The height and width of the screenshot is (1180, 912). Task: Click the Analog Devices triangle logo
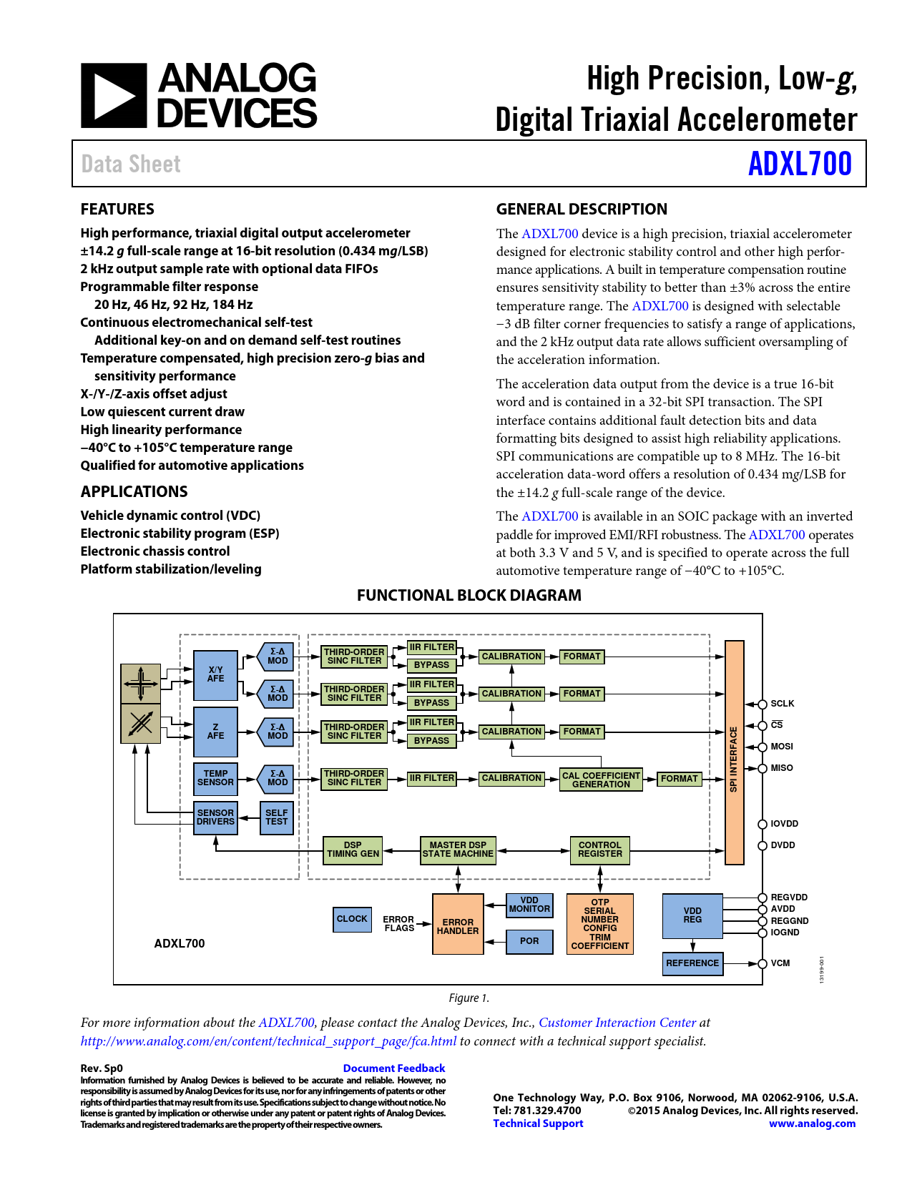[114, 96]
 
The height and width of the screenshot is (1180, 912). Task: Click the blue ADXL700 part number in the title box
[800, 164]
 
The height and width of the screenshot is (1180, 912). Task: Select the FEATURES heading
[117, 209]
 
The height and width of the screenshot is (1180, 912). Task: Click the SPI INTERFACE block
[734, 752]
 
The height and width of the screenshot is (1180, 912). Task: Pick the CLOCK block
[352, 919]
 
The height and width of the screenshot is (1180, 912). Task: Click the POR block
[529, 941]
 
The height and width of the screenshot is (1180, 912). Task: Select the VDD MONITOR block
[529, 905]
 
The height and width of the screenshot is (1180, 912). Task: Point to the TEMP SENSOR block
[215, 778]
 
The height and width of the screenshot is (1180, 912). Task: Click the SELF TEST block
[276, 817]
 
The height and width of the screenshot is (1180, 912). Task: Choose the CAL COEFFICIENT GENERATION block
[601, 780]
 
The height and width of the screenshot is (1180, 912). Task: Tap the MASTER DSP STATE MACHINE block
[458, 850]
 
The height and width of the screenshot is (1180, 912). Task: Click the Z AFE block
[215, 732]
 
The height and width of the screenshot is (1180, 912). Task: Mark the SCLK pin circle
[763, 704]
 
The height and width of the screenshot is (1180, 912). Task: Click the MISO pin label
[781, 768]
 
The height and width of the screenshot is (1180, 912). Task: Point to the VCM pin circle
[763, 964]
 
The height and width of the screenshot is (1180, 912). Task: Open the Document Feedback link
[394, 1068]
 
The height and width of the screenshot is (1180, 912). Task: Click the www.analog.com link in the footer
[812, 1124]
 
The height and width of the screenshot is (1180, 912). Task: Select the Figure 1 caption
[469, 998]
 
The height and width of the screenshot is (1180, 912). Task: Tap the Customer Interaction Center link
[617, 1023]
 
